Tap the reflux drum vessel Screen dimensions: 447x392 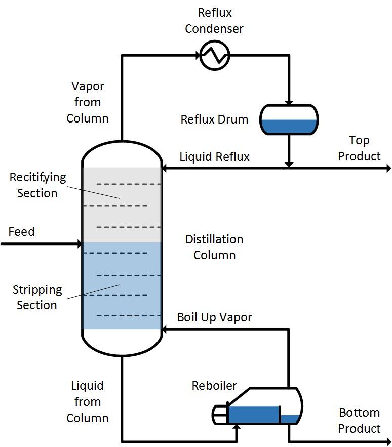[x=289, y=120]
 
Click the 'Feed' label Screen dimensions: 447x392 [x=22, y=232]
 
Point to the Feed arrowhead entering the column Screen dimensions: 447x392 [x=79, y=244]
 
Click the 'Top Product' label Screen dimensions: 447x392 [x=359, y=148]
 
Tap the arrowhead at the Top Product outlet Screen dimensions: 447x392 [x=388, y=168]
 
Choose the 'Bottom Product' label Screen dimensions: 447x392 [x=359, y=420]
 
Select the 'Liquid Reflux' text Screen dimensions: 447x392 [x=214, y=157]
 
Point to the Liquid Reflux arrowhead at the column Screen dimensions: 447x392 [x=165, y=168]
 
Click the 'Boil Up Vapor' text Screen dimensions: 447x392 [x=214, y=317]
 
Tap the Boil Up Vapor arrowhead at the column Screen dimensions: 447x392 [x=165, y=329]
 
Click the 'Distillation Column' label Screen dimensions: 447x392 [x=214, y=247]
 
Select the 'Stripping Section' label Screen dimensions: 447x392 [x=37, y=297]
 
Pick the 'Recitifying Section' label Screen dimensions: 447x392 [x=37, y=185]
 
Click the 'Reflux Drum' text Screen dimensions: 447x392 [x=214, y=120]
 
